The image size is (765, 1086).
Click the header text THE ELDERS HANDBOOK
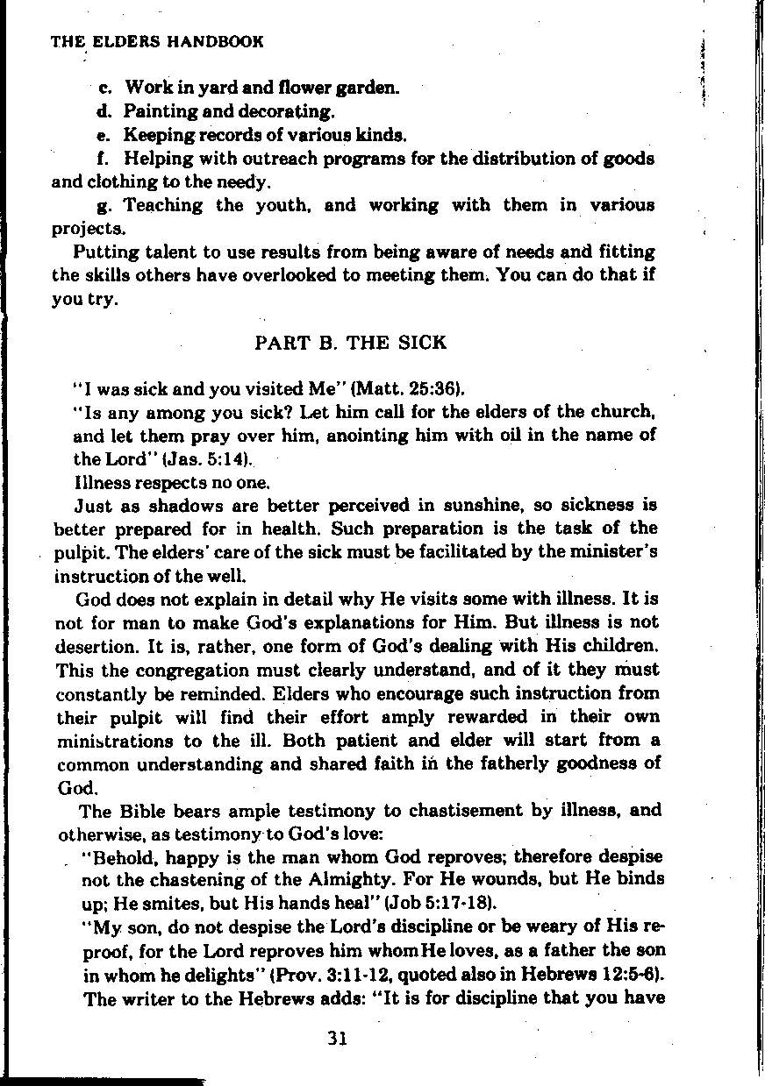pos(157,41)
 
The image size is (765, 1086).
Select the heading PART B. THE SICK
pos(350,343)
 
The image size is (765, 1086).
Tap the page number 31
pos(337,1039)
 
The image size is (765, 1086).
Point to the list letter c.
pos(104,88)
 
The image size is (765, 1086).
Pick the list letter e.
pos(104,136)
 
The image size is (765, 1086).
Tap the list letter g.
pos(104,206)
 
